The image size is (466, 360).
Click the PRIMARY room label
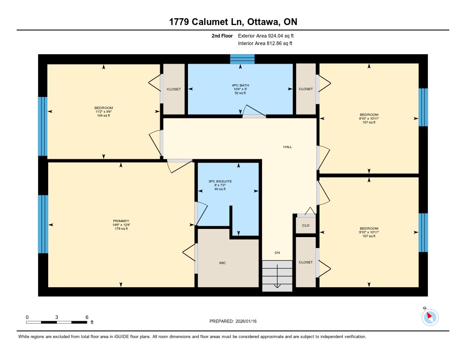coord(121,221)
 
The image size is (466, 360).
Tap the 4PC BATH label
coord(240,85)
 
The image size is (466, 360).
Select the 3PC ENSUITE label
coord(220,181)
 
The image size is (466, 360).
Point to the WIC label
coord(222,263)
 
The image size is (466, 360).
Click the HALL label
coord(288,147)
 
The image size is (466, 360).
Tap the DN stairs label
coord(277,253)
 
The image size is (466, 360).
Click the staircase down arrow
coord(277,276)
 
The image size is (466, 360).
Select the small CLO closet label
coord(306,225)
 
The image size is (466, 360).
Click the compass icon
coord(430,317)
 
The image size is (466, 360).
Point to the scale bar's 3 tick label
coord(56,317)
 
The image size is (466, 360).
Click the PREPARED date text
coord(233,321)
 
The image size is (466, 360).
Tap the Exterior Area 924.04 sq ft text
coord(266,35)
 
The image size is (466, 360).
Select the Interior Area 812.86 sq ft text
coord(265,43)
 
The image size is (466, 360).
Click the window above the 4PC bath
coord(243,59)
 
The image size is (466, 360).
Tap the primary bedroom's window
coord(43,224)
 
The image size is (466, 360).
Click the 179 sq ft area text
coord(121,228)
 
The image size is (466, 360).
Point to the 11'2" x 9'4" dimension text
coord(103,112)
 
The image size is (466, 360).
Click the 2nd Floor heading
coord(222,35)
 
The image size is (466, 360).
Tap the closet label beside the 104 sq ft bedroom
coord(174,89)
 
